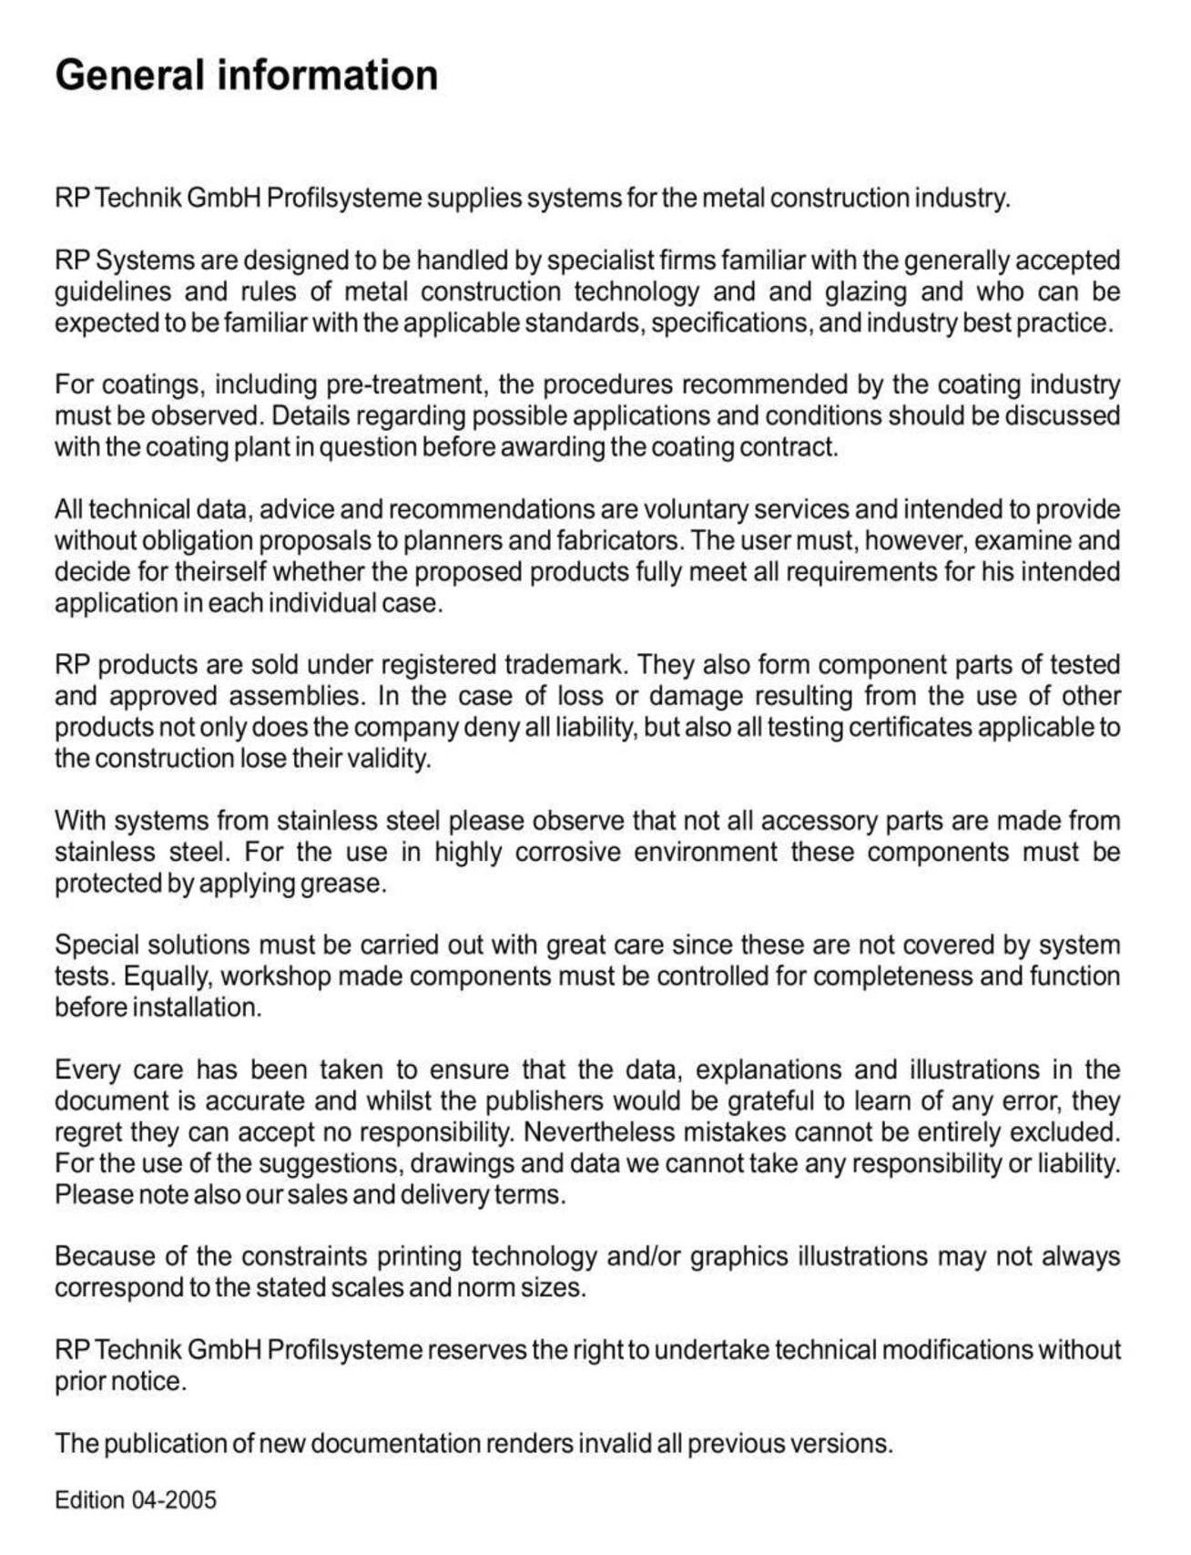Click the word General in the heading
click(129, 75)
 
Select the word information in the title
click(327, 75)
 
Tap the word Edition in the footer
click(90, 1500)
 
